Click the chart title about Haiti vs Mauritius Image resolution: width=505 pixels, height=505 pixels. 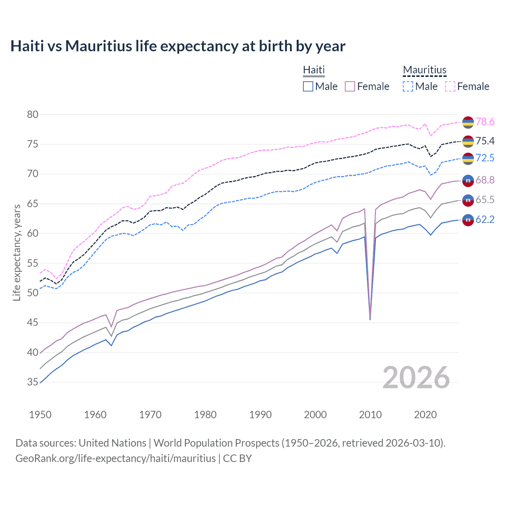[x=178, y=46]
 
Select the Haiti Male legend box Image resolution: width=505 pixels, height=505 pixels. [x=308, y=86]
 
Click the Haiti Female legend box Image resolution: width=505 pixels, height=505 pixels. [x=350, y=86]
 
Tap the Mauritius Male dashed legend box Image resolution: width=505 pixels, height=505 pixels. [x=408, y=86]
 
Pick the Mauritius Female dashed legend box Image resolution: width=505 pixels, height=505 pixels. [x=450, y=86]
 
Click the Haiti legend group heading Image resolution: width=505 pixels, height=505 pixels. [x=314, y=70]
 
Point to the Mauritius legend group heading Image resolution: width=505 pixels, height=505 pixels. [x=425, y=70]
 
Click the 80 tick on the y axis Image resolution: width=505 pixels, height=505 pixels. [x=33, y=115]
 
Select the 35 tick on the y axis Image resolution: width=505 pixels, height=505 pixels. [x=33, y=382]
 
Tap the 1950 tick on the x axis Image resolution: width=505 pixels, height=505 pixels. [x=40, y=415]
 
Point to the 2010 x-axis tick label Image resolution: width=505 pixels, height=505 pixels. [x=370, y=415]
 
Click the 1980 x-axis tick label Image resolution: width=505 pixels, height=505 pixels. [x=205, y=415]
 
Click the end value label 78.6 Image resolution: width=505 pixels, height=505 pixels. [x=485, y=122]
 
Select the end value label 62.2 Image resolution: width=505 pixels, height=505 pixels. [x=485, y=220]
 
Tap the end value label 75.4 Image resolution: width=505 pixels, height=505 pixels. [x=485, y=141]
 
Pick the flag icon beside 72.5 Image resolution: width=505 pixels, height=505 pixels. [x=468, y=159]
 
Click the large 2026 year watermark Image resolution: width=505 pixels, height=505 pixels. [x=416, y=378]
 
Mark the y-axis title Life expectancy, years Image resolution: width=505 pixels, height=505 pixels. [x=17, y=252]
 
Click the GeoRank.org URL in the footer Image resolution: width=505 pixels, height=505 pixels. [x=115, y=458]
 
